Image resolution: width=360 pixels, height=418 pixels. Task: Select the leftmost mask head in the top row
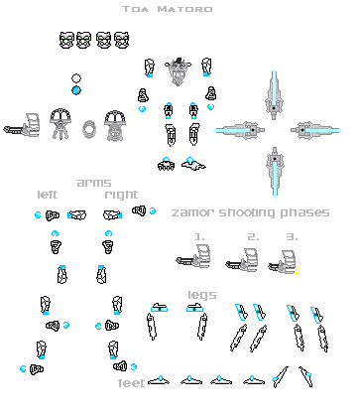(67, 41)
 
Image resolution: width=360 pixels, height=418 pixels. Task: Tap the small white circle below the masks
(76, 78)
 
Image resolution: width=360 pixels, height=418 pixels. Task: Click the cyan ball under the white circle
(76, 91)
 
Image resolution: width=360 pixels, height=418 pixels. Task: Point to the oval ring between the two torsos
(90, 129)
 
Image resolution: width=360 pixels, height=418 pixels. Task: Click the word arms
(94, 183)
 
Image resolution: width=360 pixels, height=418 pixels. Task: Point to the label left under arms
(47, 195)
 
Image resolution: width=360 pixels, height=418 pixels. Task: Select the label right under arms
(121, 195)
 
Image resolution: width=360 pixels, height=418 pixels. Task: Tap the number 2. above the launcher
(253, 236)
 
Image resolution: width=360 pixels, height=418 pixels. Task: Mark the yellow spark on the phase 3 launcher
(298, 270)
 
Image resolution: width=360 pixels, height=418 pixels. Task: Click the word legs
(202, 295)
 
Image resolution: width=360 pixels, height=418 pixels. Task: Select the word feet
(131, 382)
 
